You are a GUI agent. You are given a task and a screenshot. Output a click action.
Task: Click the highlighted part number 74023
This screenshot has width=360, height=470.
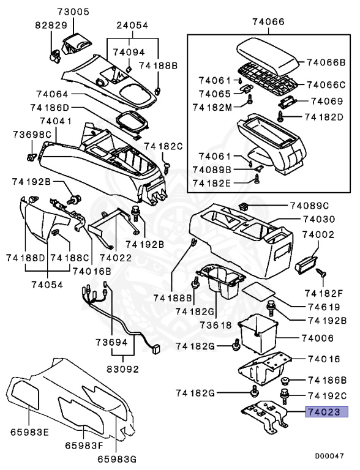pyautogui.click(x=327, y=412)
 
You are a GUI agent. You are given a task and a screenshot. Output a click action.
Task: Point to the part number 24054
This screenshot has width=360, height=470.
pyautogui.click(x=133, y=25)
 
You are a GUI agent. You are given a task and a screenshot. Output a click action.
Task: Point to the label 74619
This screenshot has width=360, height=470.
pyautogui.click(x=321, y=308)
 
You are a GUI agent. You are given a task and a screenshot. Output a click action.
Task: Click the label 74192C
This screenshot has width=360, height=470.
pyautogui.click(x=327, y=395)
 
